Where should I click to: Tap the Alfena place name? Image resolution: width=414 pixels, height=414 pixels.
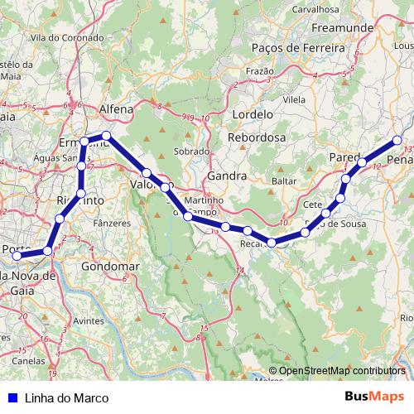tap(117, 108)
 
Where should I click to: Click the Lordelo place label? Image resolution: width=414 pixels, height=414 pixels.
tap(253, 113)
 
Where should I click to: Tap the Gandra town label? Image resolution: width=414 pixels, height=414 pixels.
tap(228, 176)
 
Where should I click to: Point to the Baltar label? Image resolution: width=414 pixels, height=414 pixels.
tap(283, 180)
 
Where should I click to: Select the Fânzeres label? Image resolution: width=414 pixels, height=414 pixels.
tap(114, 223)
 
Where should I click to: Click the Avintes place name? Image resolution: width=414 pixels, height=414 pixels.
tap(89, 320)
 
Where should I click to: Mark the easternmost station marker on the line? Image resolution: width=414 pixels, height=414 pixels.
tap(397, 141)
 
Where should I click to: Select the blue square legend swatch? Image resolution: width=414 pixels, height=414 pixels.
tap(10, 397)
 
